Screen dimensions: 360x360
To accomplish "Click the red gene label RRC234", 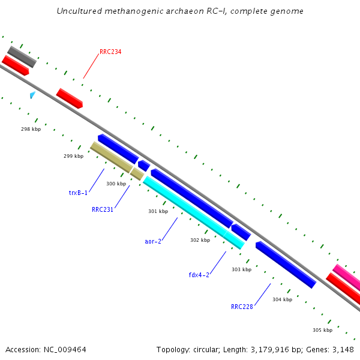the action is click(110, 52).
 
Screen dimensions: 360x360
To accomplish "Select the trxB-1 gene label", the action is click(78, 193).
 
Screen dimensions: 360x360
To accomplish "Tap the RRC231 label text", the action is click(103, 209).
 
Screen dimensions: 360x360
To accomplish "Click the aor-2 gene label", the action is click(153, 241).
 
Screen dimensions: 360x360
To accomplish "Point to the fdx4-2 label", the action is click(199, 275).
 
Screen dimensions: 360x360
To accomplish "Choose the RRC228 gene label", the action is click(242, 306).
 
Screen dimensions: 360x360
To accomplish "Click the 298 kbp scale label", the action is click(31, 129).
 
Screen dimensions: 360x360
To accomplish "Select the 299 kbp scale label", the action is click(73, 156).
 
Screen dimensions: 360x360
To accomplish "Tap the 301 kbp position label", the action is click(158, 211).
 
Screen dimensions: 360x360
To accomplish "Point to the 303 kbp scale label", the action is click(241, 269).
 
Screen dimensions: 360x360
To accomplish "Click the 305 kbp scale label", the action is click(322, 330).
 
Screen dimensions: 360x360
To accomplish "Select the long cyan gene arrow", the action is click(193, 212).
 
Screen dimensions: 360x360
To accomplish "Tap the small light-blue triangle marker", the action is click(32, 95).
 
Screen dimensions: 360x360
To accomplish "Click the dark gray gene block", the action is click(22, 56).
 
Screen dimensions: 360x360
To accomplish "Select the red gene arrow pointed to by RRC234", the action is click(69, 98).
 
